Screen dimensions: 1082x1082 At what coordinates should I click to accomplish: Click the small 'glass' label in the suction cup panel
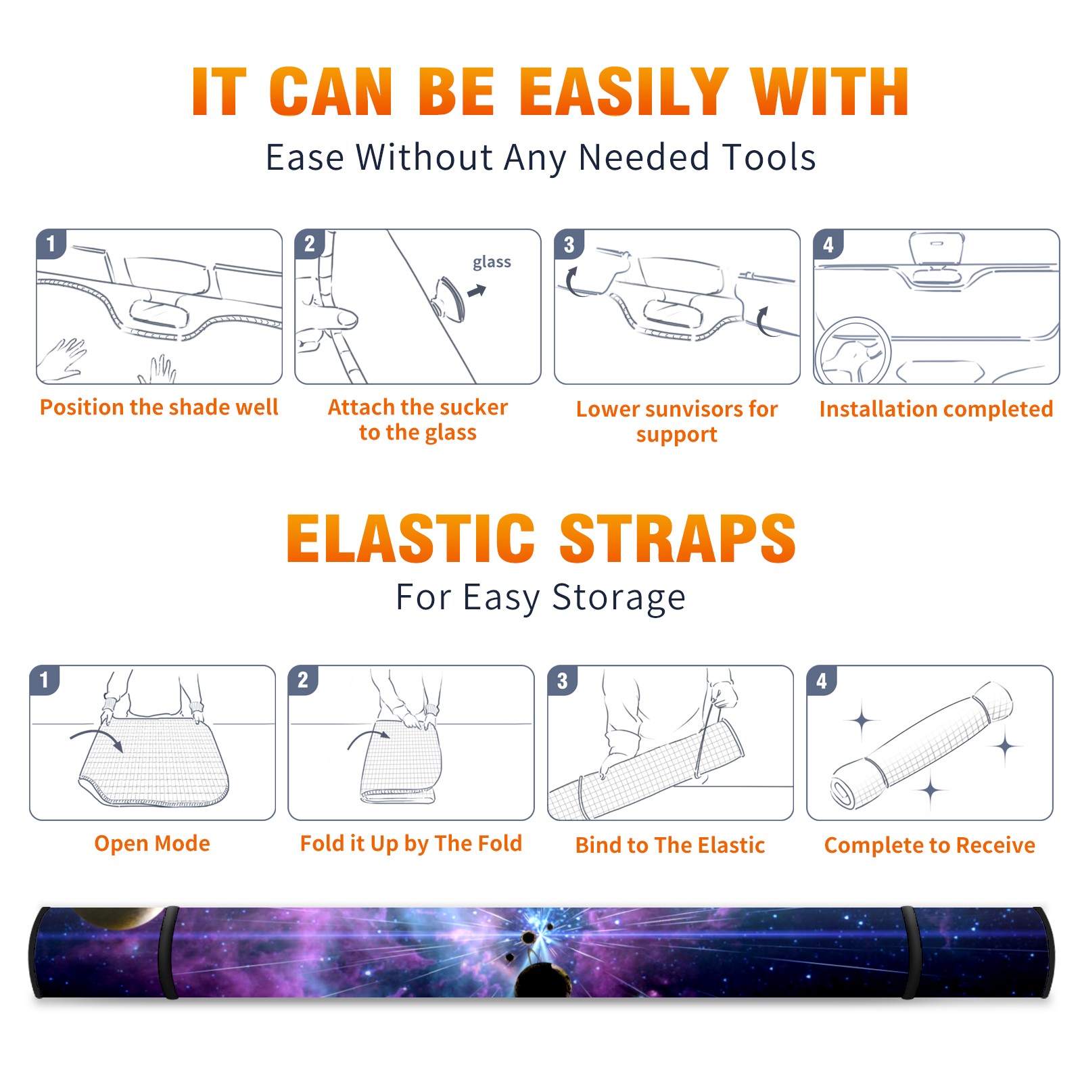click(x=492, y=262)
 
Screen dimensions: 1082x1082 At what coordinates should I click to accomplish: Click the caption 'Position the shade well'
click(x=159, y=407)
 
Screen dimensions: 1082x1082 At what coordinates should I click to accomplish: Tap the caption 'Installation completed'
click(x=936, y=408)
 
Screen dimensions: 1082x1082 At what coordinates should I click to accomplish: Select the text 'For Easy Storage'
click(x=540, y=598)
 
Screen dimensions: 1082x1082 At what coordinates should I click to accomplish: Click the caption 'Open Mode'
click(x=152, y=843)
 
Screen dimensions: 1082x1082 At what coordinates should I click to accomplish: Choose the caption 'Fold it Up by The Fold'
click(x=411, y=843)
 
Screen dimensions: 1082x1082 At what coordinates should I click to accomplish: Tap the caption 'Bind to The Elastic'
click(x=670, y=845)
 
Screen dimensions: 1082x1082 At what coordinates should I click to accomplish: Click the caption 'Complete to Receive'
click(x=930, y=845)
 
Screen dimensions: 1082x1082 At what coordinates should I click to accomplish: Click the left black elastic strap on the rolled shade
click(x=168, y=953)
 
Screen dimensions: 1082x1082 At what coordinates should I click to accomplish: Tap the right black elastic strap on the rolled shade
click(x=911, y=953)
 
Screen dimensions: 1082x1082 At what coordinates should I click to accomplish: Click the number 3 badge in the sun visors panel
click(x=568, y=244)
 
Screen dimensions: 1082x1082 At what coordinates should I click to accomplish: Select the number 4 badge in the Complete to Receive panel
click(x=821, y=680)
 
